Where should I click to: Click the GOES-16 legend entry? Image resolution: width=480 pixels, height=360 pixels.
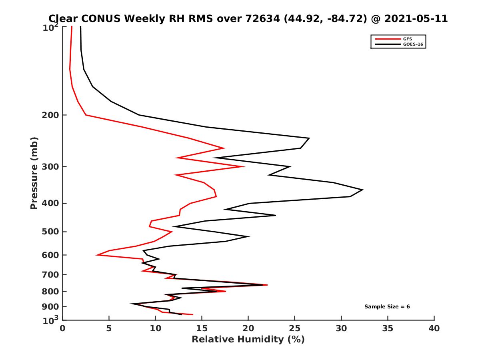412,44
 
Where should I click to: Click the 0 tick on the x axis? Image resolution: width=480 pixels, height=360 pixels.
63,328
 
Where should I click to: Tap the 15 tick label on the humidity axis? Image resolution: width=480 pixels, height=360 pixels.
202,328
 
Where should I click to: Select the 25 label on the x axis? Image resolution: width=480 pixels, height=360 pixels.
295,328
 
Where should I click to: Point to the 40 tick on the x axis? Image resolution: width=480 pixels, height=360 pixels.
434,328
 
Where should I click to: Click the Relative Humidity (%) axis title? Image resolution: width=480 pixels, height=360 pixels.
248,340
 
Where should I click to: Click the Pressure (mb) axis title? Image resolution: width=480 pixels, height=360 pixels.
34,174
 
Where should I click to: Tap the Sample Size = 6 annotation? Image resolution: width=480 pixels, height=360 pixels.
387,307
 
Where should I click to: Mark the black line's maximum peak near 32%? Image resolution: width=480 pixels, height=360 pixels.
362,190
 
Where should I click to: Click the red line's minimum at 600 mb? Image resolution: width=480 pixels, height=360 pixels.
97,255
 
